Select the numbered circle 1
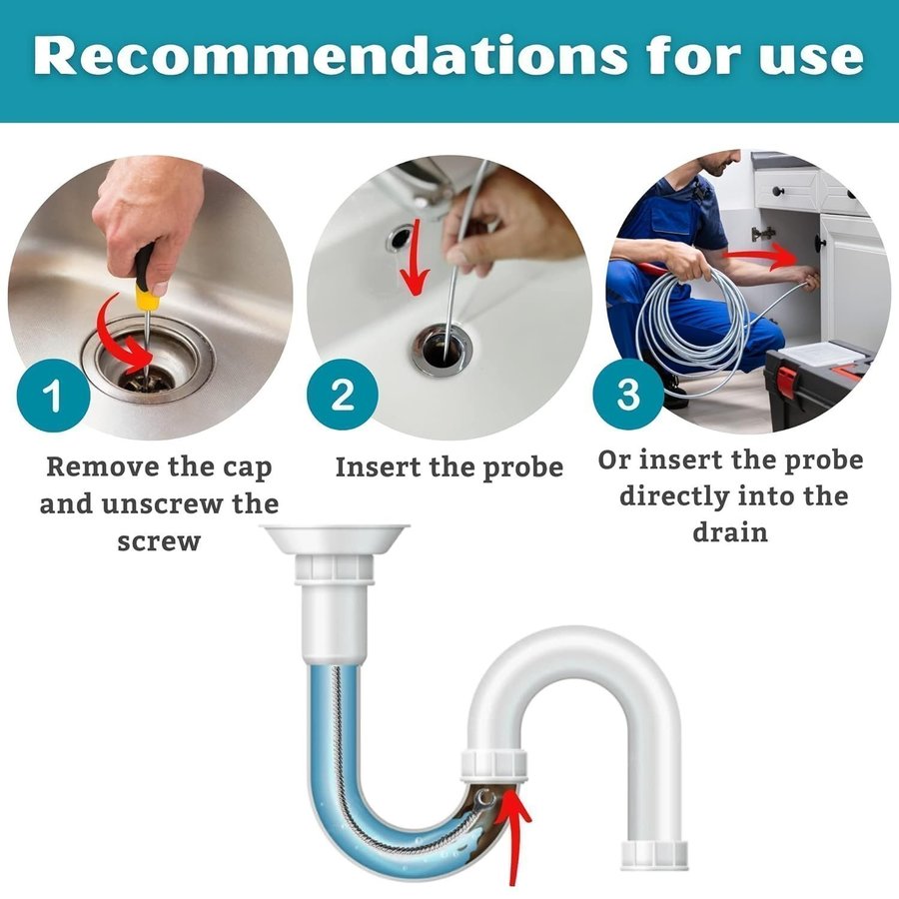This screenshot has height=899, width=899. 53,395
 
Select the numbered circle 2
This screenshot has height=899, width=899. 343,395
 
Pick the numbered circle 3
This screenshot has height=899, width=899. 628,395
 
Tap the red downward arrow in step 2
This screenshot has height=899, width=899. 415,258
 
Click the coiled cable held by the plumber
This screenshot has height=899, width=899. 688,321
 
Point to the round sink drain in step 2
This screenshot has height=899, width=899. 443,350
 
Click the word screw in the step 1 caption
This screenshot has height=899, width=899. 159,541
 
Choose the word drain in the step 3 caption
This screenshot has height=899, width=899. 730,532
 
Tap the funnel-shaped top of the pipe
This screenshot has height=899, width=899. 336,537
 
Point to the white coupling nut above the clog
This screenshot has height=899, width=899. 493,766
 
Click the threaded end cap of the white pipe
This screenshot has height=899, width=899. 654,854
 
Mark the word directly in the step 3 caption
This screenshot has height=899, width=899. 673,497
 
